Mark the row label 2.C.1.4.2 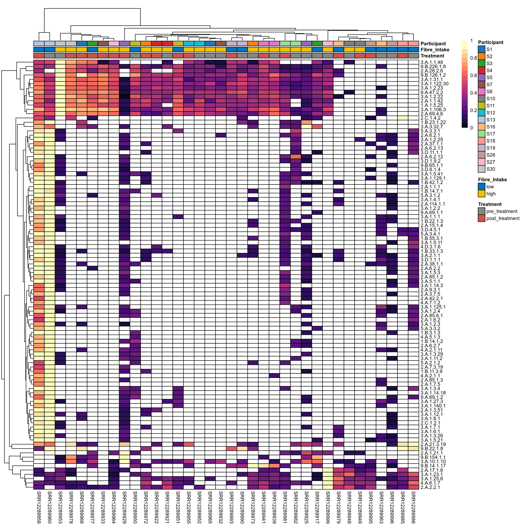pyautogui.click(x=430, y=118)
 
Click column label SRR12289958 pyautogui.click(x=39, y=507)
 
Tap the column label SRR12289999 pyautogui.click(x=328, y=507)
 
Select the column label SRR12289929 pyautogui.click(x=124, y=507)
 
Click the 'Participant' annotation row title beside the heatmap pyautogui.click(x=433, y=44)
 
